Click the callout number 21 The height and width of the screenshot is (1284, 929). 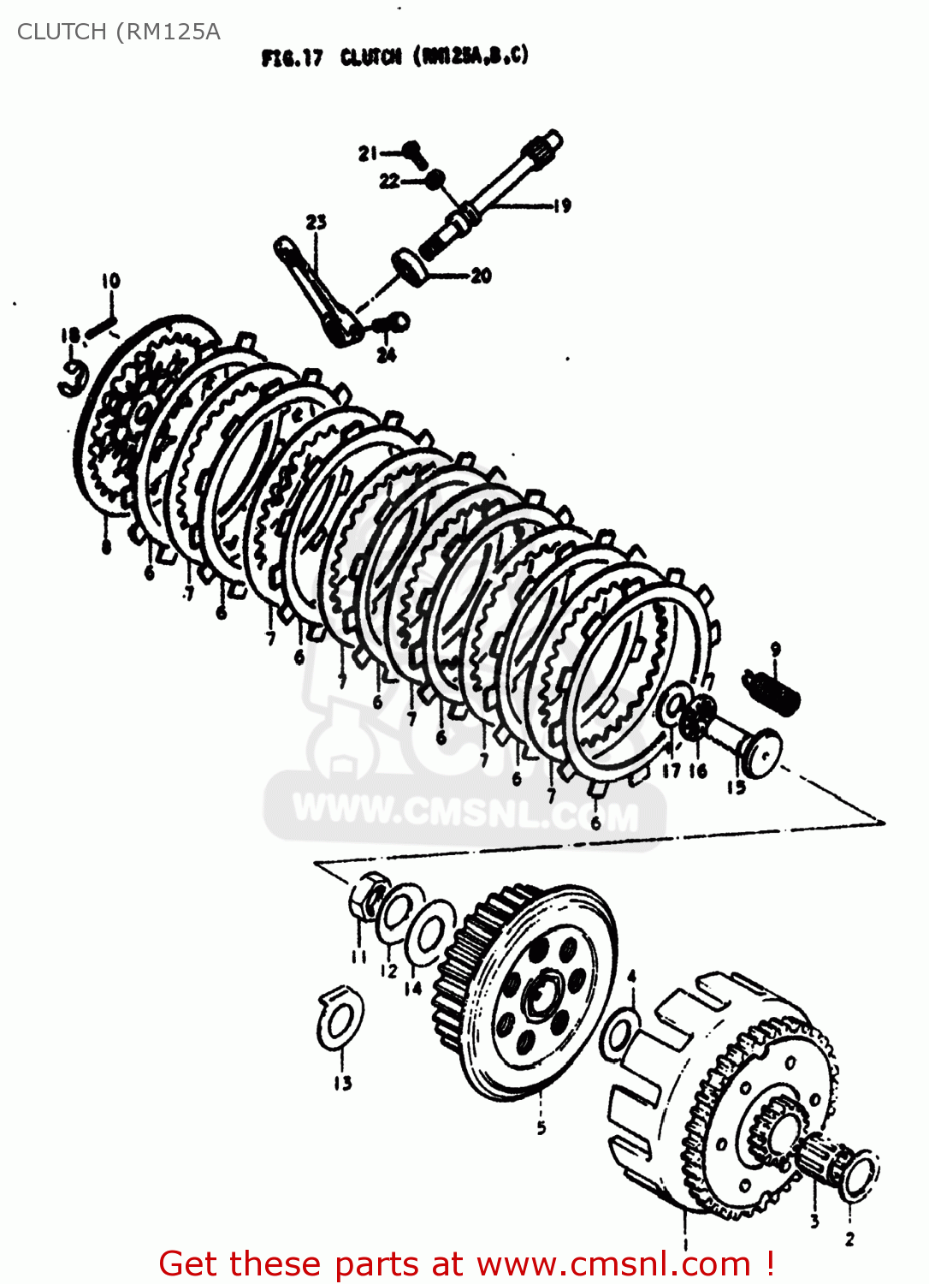click(x=368, y=153)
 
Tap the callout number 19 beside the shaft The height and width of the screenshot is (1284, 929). click(x=561, y=205)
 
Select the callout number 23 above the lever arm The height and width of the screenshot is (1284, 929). click(x=316, y=222)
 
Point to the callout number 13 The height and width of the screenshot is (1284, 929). click(x=343, y=1084)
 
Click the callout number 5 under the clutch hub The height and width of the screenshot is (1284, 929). click(x=541, y=1128)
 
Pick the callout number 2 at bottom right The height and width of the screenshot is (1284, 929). click(x=849, y=1239)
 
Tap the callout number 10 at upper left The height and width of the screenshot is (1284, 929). click(x=111, y=281)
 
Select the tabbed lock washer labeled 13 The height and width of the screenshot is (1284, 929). click(x=340, y=1019)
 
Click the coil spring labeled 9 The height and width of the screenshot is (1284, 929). click(x=772, y=690)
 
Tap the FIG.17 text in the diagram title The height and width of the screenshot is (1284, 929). click(x=292, y=58)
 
